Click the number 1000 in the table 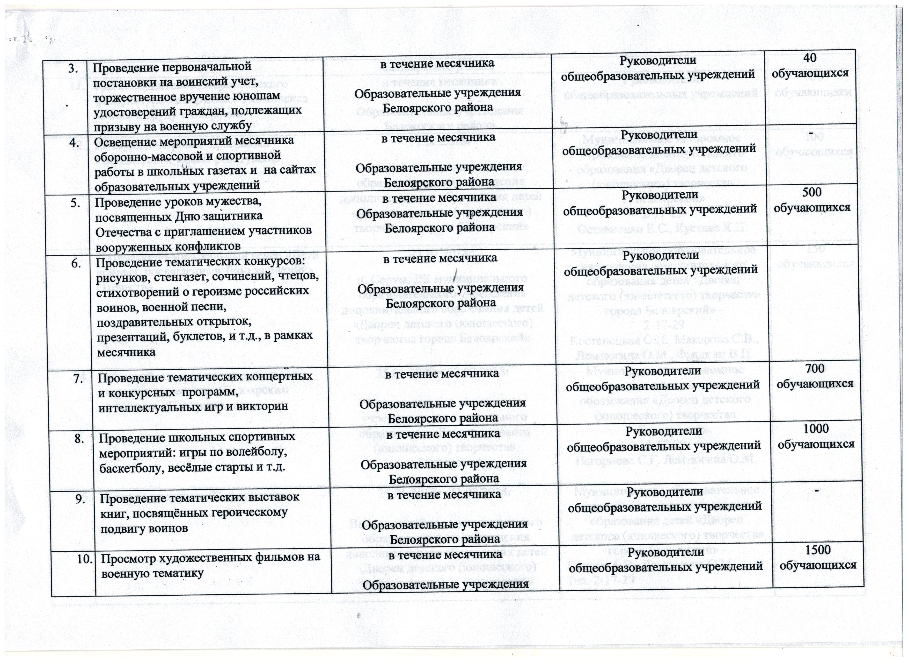817,428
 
